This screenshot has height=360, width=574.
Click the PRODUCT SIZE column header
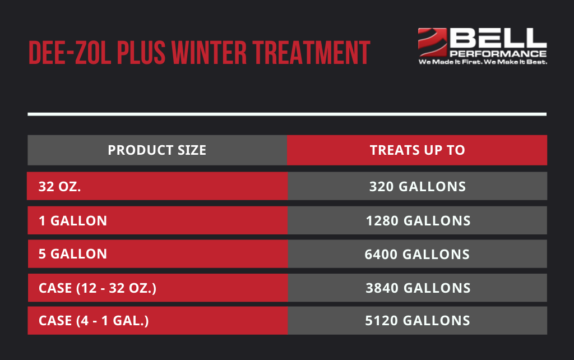tap(157, 150)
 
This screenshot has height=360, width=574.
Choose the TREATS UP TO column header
tap(417, 150)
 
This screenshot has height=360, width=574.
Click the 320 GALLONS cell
tap(417, 186)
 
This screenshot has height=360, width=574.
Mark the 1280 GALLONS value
tap(418, 220)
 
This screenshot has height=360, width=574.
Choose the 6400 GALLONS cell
tap(417, 254)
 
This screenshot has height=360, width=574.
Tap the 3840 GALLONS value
tap(418, 288)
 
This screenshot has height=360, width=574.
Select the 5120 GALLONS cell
tap(418, 321)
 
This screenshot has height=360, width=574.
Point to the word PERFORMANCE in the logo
tap(498, 54)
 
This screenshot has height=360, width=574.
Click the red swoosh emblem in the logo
tap(432, 42)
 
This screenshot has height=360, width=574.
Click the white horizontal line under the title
tap(287, 114)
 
